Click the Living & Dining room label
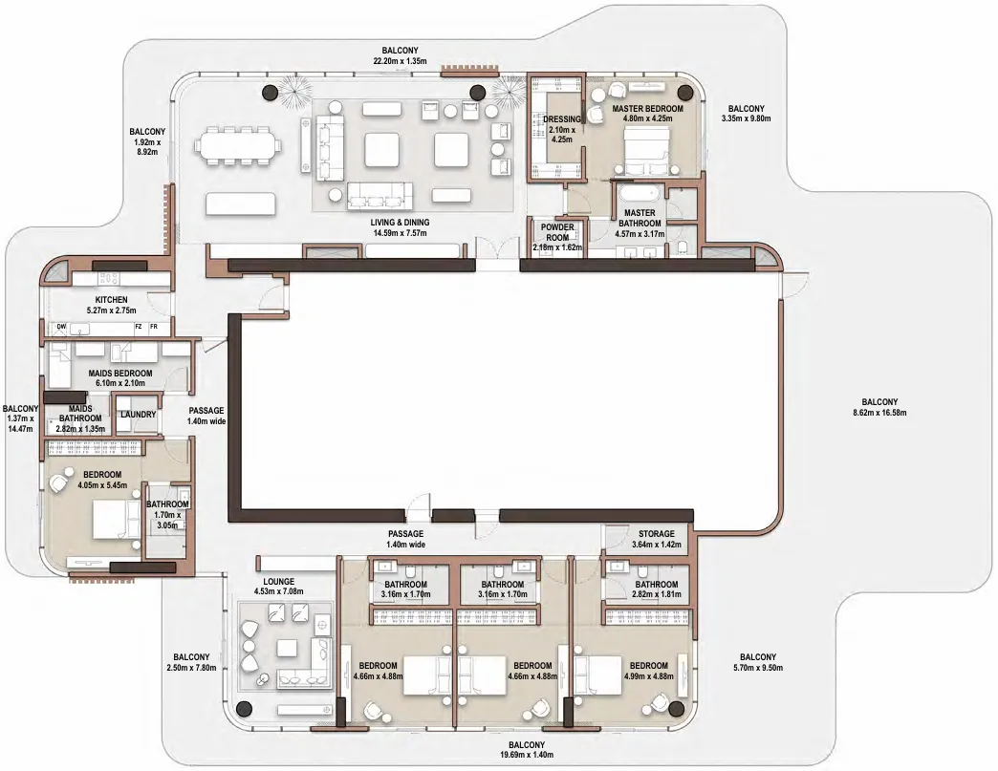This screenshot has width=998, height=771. pyautogui.click(x=400, y=223)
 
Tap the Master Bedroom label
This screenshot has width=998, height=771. pyautogui.click(x=647, y=109)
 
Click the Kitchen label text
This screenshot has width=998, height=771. pyautogui.click(x=111, y=299)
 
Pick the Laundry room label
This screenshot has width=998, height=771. pyautogui.click(x=138, y=415)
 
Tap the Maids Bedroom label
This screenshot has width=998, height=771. pyautogui.click(x=119, y=373)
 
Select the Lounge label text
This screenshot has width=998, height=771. pyautogui.click(x=278, y=581)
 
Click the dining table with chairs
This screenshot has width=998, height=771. pyautogui.click(x=239, y=146)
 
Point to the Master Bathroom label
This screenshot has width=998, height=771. pyautogui.click(x=640, y=212)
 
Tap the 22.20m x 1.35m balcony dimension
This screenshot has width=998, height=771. pyautogui.click(x=400, y=61)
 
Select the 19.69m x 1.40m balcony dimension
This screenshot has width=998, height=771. pyautogui.click(x=526, y=755)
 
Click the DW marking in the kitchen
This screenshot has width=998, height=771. pyautogui.click(x=61, y=327)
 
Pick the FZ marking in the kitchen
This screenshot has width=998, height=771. pyautogui.click(x=139, y=327)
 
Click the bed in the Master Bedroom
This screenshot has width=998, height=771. pyautogui.click(x=646, y=151)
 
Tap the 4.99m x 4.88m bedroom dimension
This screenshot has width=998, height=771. pyautogui.click(x=647, y=676)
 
